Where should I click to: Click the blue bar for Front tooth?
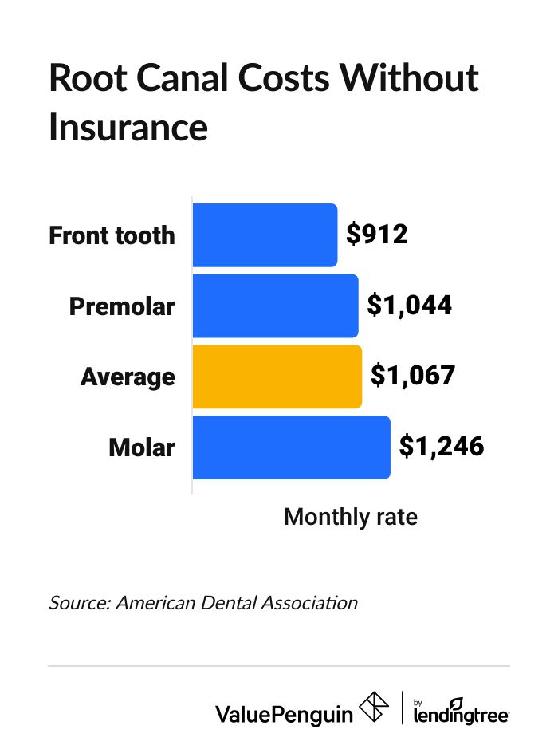point(265,235)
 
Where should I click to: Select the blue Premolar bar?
point(275,306)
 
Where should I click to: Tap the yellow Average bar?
point(277,376)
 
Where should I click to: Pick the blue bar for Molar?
point(291,447)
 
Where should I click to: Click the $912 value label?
point(377,235)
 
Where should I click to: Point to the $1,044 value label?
point(410,306)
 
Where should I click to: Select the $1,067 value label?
point(412,376)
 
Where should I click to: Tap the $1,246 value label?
point(442,447)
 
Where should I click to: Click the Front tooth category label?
point(112,235)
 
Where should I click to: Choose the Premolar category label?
point(122,306)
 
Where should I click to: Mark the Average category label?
point(128,376)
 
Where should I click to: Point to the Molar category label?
point(142,447)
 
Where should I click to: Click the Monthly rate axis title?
point(351,517)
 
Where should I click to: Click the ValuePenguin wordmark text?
point(284,713)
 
